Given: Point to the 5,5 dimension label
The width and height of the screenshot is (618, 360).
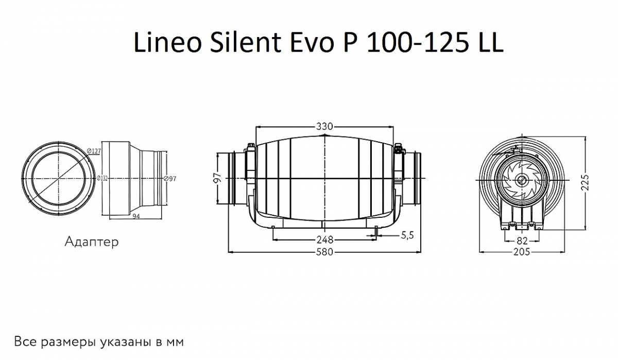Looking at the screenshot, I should coord(407,235).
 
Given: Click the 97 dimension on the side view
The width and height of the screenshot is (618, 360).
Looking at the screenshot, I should coord(218,178).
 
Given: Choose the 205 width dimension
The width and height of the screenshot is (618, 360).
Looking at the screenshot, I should coord(522,252).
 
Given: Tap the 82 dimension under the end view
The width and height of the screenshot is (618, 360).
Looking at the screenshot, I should coord(522,239).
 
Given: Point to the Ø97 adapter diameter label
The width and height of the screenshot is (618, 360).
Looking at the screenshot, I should coord(170,178).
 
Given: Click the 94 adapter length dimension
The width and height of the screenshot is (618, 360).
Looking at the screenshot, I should coord(136,216).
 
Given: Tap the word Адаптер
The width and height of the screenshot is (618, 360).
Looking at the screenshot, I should coord(92,241).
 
